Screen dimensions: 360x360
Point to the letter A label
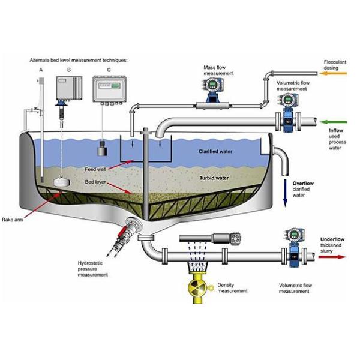pyautogui.click(x=41, y=71)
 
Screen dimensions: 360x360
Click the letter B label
pyautogui.click(x=69, y=71)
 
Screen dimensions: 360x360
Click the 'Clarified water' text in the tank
pyautogui.click(x=217, y=152)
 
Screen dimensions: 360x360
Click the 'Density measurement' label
pyautogui.click(x=231, y=287)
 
